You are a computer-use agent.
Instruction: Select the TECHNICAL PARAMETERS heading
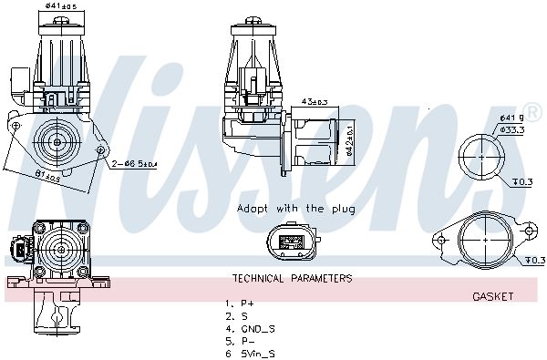[292, 279]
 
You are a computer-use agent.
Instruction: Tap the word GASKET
[493, 296]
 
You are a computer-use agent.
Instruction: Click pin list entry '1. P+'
[241, 303]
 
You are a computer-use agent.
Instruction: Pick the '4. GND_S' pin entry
[249, 327]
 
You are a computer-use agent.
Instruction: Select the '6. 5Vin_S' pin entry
[251, 353]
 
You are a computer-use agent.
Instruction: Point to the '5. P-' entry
[241, 340]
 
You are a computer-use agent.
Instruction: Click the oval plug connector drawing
[293, 242]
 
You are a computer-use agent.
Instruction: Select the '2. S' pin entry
[237, 315]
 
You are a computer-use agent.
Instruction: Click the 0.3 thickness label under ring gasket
[523, 182]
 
